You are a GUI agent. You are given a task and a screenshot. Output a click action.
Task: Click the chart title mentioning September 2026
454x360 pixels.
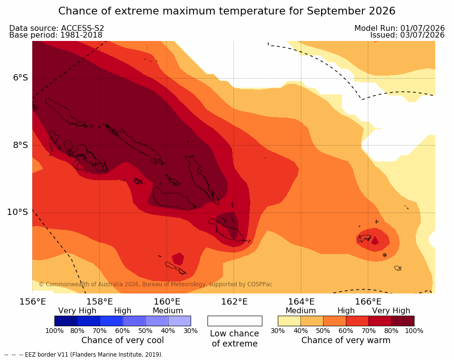click(x=227, y=11)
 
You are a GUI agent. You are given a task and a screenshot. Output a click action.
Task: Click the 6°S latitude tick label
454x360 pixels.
click(x=20, y=78)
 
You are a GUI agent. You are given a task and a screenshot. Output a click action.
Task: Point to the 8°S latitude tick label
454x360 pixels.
click(x=20, y=145)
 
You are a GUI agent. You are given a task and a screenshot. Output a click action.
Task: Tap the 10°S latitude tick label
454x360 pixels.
click(x=18, y=212)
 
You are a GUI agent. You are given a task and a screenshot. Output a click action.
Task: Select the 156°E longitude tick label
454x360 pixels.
click(x=32, y=302)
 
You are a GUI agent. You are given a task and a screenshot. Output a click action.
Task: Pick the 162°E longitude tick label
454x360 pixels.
click(x=234, y=302)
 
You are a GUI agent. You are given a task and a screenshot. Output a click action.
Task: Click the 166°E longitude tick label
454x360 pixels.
click(x=368, y=302)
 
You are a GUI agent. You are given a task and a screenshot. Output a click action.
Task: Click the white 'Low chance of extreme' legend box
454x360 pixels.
click(x=235, y=321)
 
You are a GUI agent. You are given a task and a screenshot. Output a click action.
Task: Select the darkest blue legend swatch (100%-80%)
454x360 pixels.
click(x=66, y=321)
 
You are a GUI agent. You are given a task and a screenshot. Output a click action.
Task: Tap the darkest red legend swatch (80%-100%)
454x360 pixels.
click(x=403, y=321)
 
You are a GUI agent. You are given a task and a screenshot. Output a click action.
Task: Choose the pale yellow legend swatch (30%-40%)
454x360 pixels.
click(x=289, y=321)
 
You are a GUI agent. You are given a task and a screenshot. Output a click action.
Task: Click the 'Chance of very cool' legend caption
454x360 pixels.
click(x=122, y=340)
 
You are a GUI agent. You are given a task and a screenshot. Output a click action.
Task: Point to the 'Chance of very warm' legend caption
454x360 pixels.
click(x=346, y=340)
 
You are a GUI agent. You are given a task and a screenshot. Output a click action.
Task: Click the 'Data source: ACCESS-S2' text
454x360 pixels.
click(x=56, y=28)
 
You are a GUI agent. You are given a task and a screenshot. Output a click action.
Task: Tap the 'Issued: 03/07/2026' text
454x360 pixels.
click(x=407, y=35)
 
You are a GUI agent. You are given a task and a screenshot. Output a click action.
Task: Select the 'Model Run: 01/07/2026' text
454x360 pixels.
click(x=400, y=28)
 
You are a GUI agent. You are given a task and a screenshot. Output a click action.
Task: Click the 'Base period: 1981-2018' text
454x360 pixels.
click(x=55, y=35)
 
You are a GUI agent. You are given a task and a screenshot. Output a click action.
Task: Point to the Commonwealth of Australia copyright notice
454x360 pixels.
click(x=156, y=284)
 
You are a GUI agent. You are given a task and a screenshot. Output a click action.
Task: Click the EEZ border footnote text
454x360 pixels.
click(x=84, y=355)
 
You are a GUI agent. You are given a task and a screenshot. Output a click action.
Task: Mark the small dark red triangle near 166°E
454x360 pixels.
click(x=375, y=240)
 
